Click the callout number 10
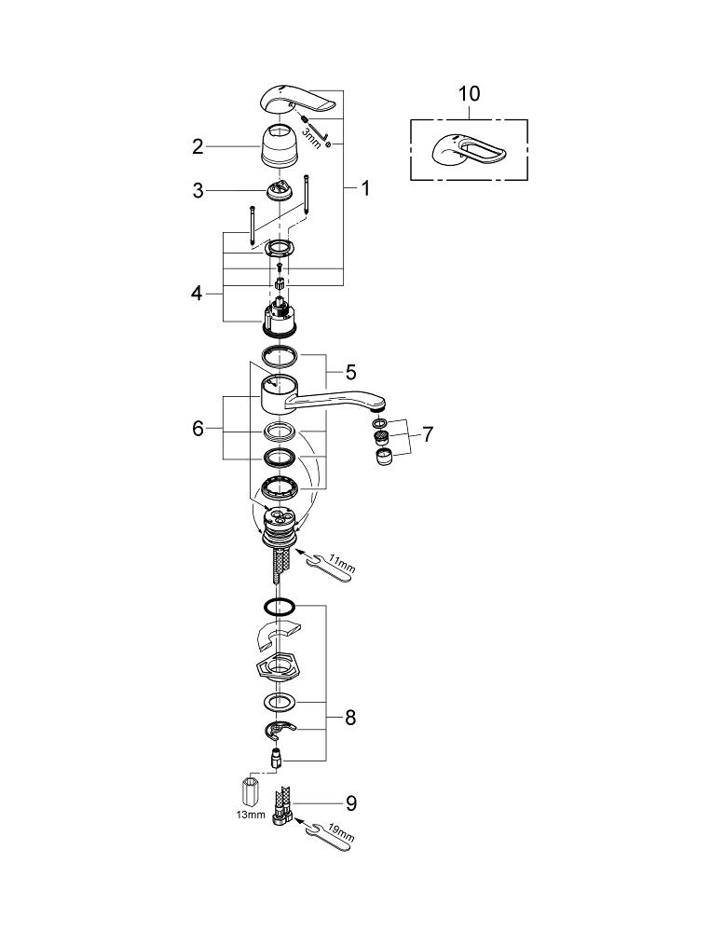click(x=469, y=95)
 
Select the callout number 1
click(x=365, y=188)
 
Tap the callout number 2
click(x=198, y=146)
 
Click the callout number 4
click(x=197, y=293)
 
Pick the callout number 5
click(x=349, y=372)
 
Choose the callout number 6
click(x=198, y=429)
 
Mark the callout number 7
click(x=427, y=434)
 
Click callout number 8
click(x=349, y=718)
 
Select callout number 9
click(x=349, y=802)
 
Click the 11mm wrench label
click(x=343, y=565)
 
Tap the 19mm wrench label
click(x=343, y=837)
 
